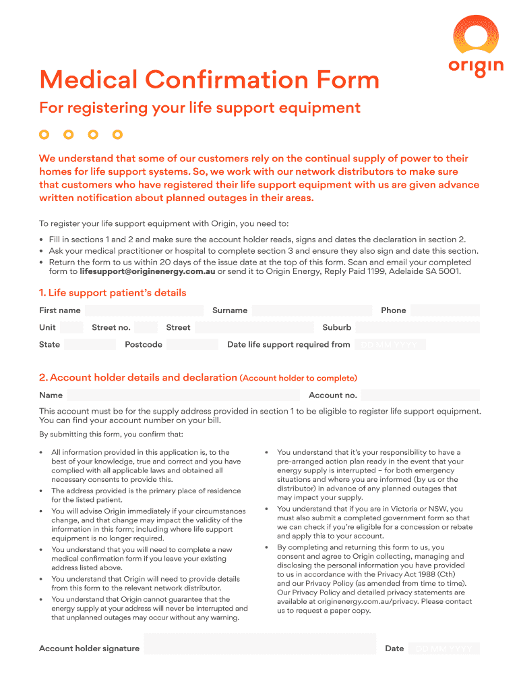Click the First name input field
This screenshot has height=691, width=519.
(x=144, y=310)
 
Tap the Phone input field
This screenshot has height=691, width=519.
(x=445, y=310)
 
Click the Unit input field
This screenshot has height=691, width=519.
(x=70, y=327)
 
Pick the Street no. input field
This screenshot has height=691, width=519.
(x=143, y=327)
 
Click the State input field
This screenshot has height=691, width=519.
(x=90, y=344)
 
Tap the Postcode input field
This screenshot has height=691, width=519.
(x=192, y=344)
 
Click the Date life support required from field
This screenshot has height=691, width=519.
(x=390, y=344)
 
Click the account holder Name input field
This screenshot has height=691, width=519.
(x=183, y=395)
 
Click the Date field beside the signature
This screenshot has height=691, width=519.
(x=445, y=648)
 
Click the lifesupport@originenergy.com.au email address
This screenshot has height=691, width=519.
(x=147, y=271)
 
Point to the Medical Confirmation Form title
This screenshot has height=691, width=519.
(x=209, y=80)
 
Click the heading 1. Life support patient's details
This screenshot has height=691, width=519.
(x=113, y=293)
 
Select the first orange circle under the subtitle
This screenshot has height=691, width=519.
(x=44, y=134)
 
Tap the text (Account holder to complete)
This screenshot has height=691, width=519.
(x=298, y=378)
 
